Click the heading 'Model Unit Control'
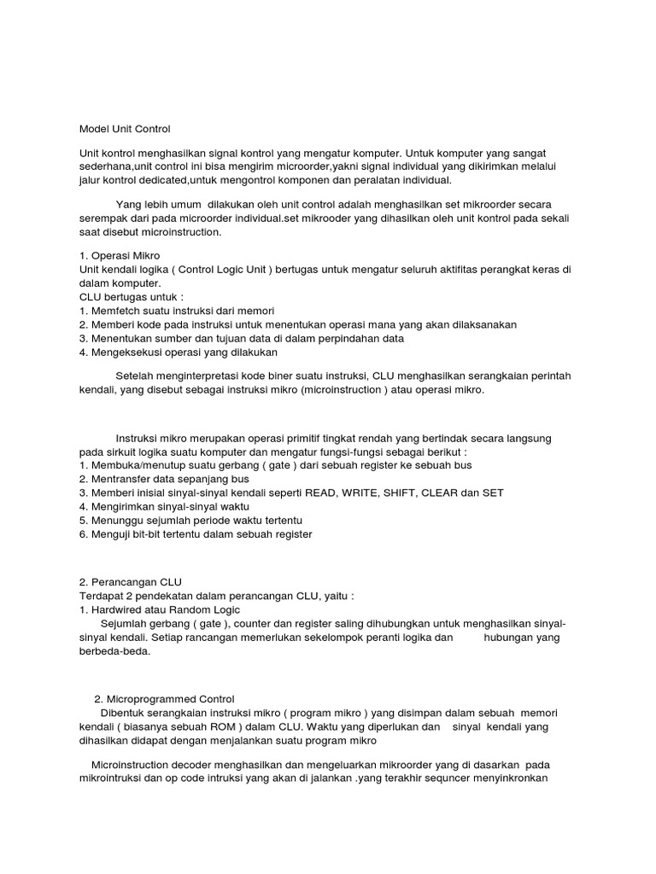point(125,130)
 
